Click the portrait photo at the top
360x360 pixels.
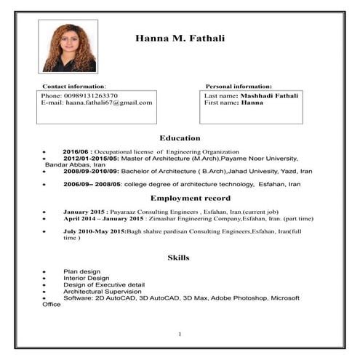(x=71, y=45)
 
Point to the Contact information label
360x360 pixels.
(x=75, y=86)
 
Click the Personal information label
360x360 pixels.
(x=239, y=86)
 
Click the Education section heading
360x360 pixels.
(x=180, y=137)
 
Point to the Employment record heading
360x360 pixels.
(x=190, y=198)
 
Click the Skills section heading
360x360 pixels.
(x=178, y=257)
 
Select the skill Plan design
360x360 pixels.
(x=80, y=271)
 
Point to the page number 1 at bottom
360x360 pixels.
(x=180, y=334)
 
